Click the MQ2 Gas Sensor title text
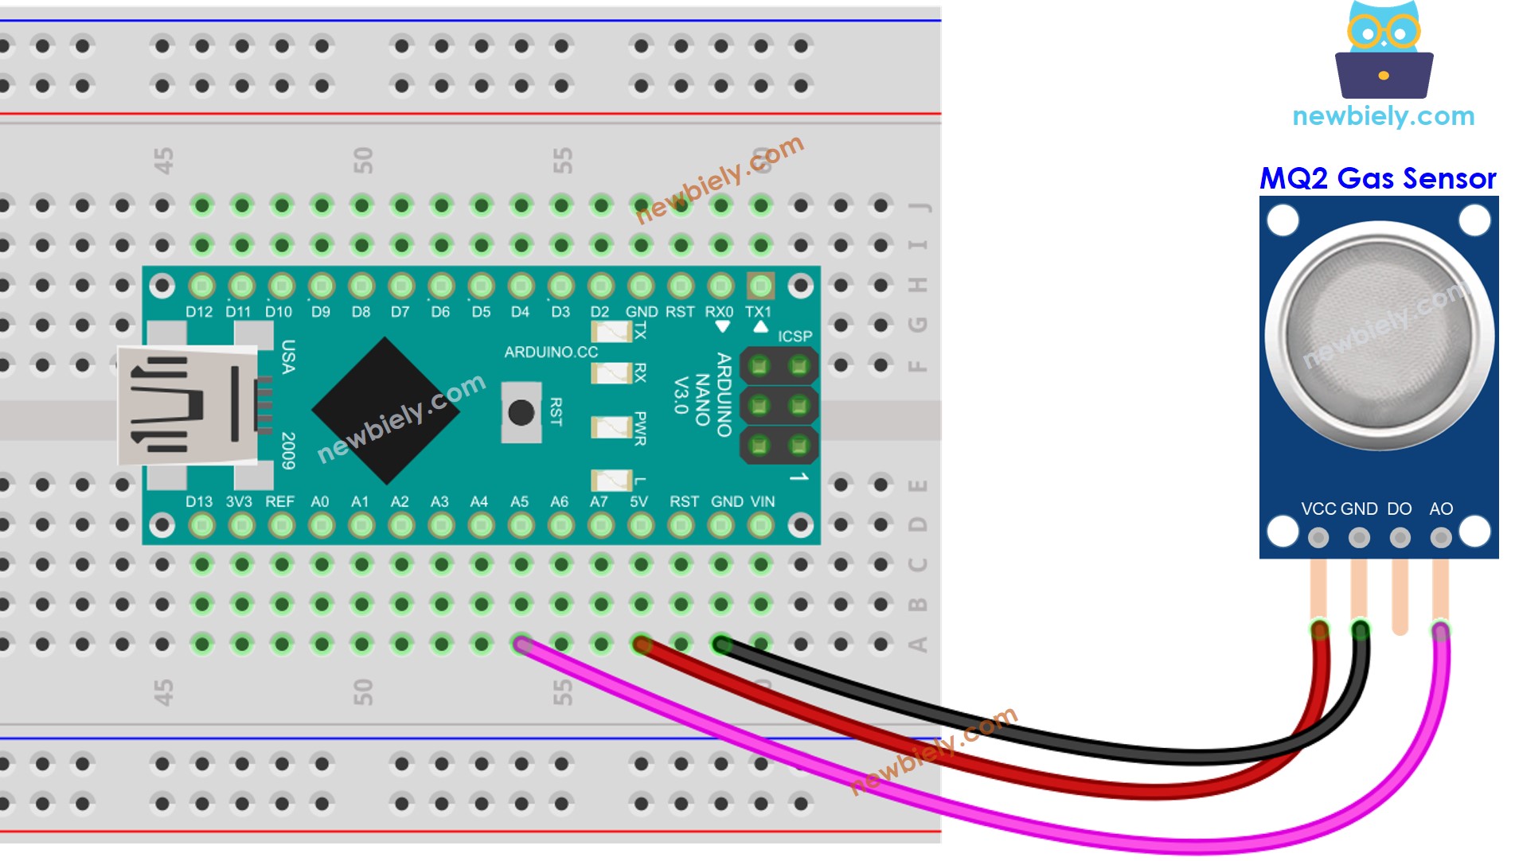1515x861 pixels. (x=1377, y=179)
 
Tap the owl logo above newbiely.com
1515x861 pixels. (x=1384, y=50)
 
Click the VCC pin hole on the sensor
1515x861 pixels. (x=1318, y=538)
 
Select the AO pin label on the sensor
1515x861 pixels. (x=1441, y=509)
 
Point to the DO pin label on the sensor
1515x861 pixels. (x=1399, y=509)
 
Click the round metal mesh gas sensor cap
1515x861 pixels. (x=1379, y=334)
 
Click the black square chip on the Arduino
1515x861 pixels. (x=386, y=411)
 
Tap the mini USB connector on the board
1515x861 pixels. (x=188, y=406)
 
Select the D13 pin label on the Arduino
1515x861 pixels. (x=199, y=502)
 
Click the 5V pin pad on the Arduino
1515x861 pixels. (x=641, y=525)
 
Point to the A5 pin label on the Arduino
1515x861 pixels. (x=519, y=502)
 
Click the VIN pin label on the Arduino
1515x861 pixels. (x=762, y=502)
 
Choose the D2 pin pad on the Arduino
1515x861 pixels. (x=601, y=286)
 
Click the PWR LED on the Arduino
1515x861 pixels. (x=611, y=428)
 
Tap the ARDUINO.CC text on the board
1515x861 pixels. (x=551, y=352)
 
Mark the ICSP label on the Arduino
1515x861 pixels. (x=795, y=337)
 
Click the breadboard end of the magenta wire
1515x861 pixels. (x=521, y=644)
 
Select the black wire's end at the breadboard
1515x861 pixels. (x=721, y=644)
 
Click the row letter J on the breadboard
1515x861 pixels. (x=920, y=207)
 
